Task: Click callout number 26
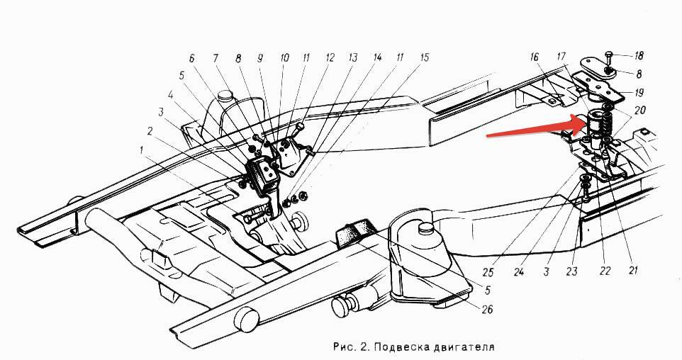(x=487, y=310)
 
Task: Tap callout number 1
(x=141, y=150)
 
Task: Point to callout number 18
(x=638, y=56)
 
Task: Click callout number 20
(x=639, y=111)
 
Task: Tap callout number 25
(x=488, y=272)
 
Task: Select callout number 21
(x=633, y=271)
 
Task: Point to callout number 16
(x=535, y=57)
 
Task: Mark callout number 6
(x=192, y=58)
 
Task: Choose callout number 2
(x=150, y=130)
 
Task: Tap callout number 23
(x=571, y=271)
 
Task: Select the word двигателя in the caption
(x=464, y=347)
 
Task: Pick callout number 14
(x=376, y=57)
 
